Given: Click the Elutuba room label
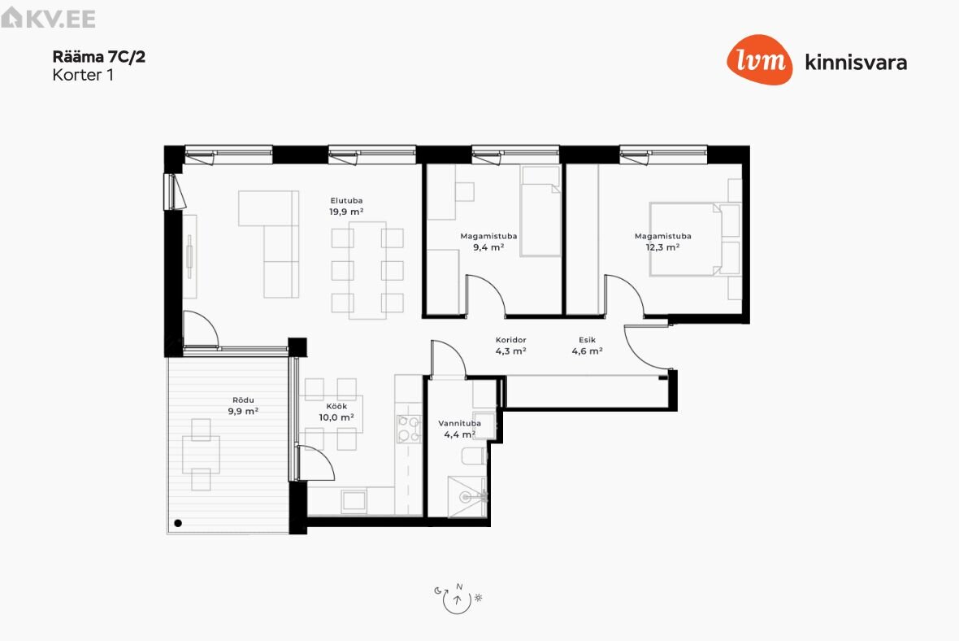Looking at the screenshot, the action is pyautogui.click(x=346, y=200).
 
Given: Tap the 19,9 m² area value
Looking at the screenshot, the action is pyautogui.click(x=346, y=211).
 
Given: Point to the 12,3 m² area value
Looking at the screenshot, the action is pyautogui.click(x=663, y=247).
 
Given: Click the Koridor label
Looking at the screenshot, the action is pyautogui.click(x=510, y=340).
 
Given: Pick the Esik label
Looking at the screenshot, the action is pyautogui.click(x=587, y=340).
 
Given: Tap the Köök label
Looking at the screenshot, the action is pyautogui.click(x=336, y=406).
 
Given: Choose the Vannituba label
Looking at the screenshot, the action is pyautogui.click(x=459, y=423).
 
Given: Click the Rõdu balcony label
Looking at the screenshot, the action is pyautogui.click(x=243, y=399).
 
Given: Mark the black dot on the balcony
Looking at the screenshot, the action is pyautogui.click(x=178, y=523).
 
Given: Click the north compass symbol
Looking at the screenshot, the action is pyautogui.click(x=458, y=598).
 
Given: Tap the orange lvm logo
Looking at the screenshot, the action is pyautogui.click(x=760, y=59).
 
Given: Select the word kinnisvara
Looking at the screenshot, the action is pyautogui.click(x=856, y=62).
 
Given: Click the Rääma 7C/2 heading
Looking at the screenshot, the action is pyautogui.click(x=98, y=57).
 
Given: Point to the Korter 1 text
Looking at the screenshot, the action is pyautogui.click(x=83, y=75).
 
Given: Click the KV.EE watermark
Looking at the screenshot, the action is pyautogui.click(x=48, y=18).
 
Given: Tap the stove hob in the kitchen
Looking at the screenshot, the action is pyautogui.click(x=409, y=429).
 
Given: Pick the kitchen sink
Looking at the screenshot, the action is pyautogui.click(x=354, y=501).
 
